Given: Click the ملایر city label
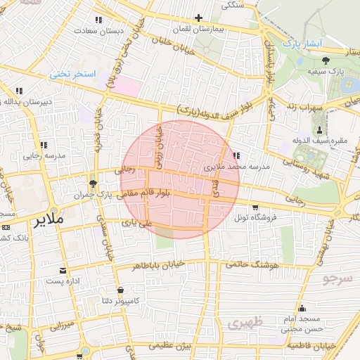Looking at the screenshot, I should [47, 220].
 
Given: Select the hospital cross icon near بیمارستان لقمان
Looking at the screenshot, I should [199, 18].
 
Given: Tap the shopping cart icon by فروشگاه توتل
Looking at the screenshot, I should [255, 207].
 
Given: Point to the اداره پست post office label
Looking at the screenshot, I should [65, 281].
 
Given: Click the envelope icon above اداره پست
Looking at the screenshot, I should [65, 271].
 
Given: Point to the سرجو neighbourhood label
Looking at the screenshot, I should [337, 279].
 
